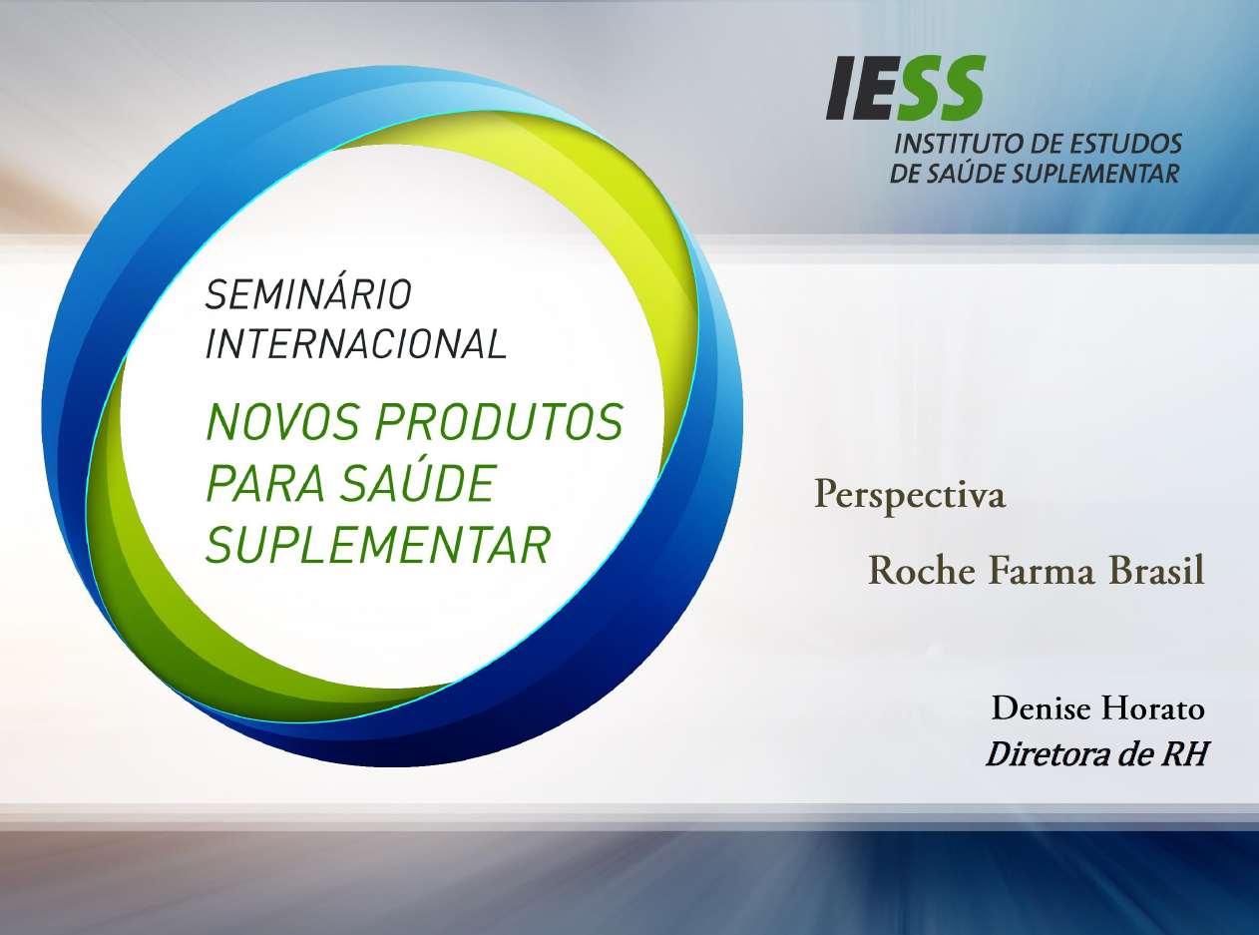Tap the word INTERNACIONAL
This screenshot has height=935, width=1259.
click(x=356, y=343)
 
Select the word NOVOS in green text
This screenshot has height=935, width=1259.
click(x=283, y=422)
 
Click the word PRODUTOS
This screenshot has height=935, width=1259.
click(x=500, y=422)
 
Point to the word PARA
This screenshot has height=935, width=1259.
click(x=265, y=483)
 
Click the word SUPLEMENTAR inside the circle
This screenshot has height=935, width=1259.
click(x=378, y=545)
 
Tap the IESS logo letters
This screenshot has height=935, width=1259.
click(x=906, y=88)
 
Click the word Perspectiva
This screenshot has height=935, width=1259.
click(x=910, y=496)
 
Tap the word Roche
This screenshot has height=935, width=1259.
click(x=922, y=570)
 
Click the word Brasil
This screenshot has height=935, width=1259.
click(x=1155, y=570)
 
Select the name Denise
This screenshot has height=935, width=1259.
click(x=1042, y=708)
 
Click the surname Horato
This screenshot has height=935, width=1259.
click(x=1153, y=708)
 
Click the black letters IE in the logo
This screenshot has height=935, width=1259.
click(x=861, y=88)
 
